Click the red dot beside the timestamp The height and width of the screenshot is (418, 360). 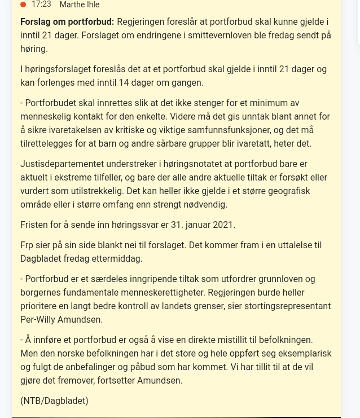23,5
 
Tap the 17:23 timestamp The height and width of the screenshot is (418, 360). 41,5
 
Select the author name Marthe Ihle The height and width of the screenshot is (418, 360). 80,5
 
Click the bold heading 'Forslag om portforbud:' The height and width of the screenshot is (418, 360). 67,22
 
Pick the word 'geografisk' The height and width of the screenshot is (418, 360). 288,191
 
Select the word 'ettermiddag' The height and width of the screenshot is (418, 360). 117,259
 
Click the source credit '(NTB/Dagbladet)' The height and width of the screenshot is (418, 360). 54,401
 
